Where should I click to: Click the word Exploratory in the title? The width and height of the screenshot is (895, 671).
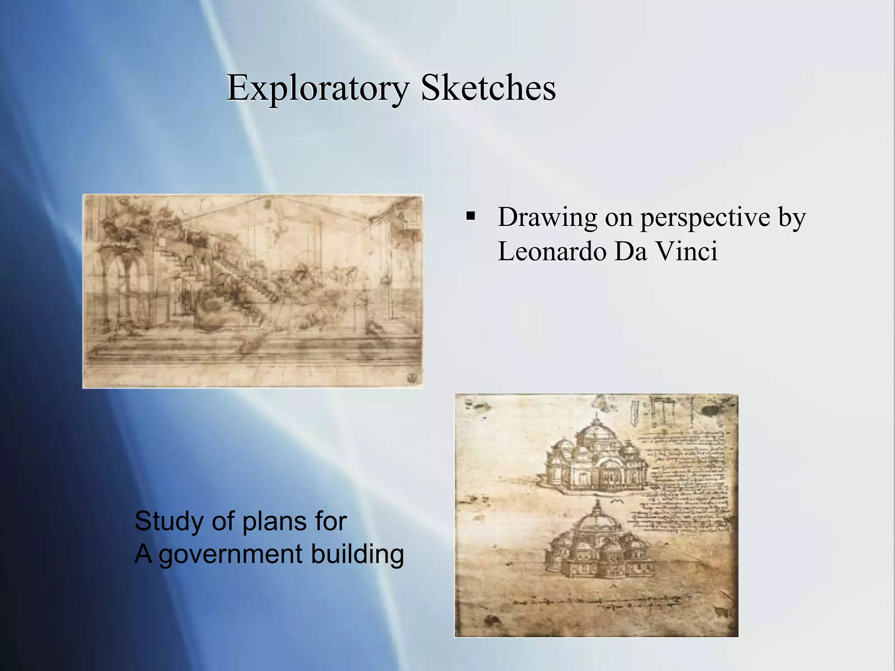318,88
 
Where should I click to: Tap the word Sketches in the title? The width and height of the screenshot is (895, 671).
488,88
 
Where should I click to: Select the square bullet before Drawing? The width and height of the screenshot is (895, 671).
471,216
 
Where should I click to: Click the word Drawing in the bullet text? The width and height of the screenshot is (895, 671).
547,217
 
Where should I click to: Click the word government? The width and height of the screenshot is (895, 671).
231,555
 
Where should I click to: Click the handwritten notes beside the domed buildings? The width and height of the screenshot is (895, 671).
686,481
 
